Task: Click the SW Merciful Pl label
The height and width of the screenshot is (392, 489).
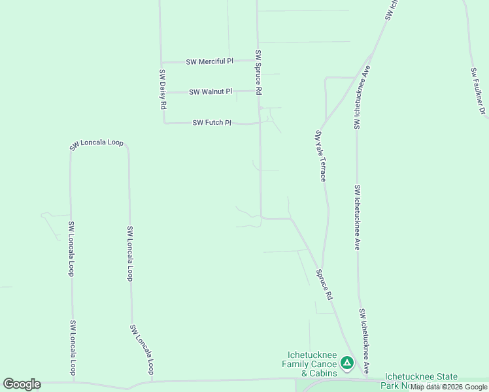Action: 209,61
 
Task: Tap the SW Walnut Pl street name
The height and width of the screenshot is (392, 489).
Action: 211,92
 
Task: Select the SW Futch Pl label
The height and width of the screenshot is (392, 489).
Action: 212,123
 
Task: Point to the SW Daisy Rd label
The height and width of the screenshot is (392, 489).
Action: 163,89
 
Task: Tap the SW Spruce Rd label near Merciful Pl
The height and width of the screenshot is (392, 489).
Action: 258,73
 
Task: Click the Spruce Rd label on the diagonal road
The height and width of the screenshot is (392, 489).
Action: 324,285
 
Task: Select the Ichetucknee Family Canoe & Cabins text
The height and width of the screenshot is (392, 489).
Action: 309,364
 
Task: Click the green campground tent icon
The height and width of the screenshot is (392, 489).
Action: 347,362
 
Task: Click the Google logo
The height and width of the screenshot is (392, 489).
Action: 22,384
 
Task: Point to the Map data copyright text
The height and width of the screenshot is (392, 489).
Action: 448,387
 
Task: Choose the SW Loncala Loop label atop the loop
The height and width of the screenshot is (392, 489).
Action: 97,144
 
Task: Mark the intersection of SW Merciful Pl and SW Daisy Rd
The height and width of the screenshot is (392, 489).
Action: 161,63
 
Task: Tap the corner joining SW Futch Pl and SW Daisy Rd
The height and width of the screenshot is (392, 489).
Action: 163,122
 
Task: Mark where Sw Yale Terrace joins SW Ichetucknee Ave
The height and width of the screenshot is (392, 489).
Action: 356,78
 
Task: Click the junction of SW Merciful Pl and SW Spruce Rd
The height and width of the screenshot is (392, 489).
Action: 257,60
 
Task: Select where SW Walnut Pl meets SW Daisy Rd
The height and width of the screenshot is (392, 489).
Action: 162,92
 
